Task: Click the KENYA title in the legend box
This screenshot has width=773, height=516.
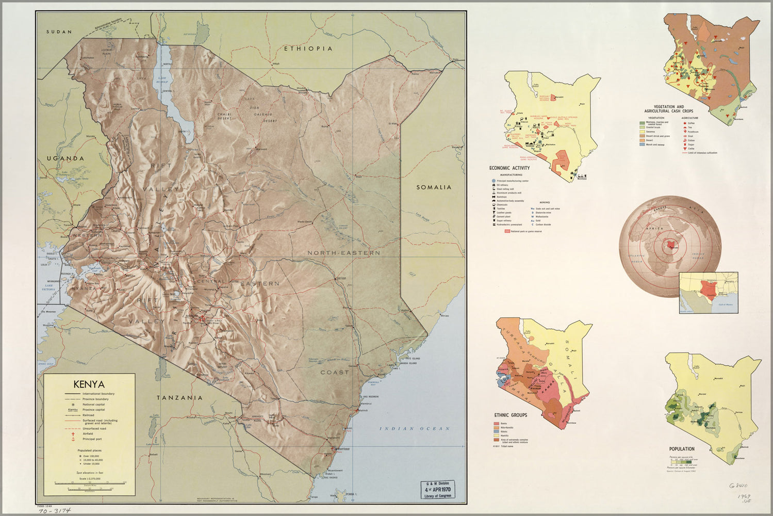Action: [89, 384]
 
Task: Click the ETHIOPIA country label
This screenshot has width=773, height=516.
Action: [308, 49]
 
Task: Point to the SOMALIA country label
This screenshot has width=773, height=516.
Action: [434, 187]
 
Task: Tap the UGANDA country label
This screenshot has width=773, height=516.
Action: [65, 158]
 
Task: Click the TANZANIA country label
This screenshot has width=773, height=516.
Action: [179, 398]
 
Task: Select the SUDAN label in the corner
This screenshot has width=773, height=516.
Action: [59, 32]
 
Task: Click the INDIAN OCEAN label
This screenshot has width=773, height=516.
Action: [415, 429]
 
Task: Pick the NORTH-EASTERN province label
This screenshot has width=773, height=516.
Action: [344, 253]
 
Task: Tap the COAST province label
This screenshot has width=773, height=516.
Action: [335, 372]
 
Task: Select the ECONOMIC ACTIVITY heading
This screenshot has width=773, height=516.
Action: [509, 168]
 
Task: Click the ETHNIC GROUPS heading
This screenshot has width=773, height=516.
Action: [511, 415]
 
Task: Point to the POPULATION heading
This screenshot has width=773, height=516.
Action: [682, 449]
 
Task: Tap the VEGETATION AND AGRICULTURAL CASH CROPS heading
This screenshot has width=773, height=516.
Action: [669, 109]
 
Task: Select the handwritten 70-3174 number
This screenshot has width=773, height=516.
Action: [54, 510]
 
